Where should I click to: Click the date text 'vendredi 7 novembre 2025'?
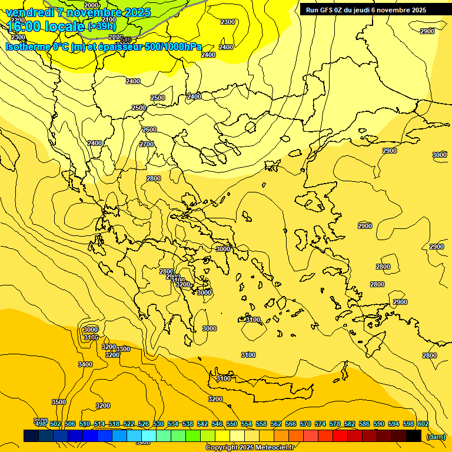(78, 12)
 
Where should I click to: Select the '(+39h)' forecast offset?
(102, 26)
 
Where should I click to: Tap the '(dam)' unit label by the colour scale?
(436, 437)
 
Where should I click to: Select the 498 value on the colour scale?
(41, 424)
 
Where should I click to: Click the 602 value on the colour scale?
(423, 424)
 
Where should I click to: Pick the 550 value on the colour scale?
(232, 424)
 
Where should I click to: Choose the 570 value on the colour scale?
(305, 424)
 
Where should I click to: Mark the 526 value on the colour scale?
(144, 424)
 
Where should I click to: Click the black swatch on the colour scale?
(414, 436)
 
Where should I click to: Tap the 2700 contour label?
(147, 144)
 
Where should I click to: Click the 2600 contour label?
(149, 129)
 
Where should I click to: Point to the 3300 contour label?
(122, 349)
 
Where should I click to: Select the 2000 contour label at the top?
(91, 5)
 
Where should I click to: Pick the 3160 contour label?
(91, 337)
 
